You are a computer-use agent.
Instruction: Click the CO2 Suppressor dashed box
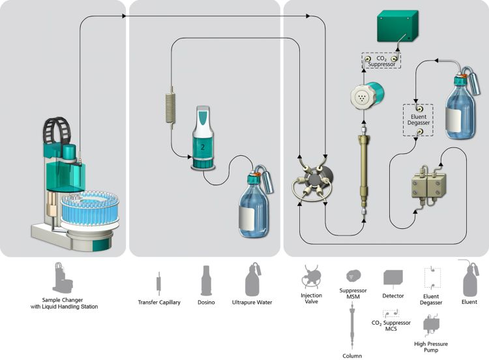pyautogui.click(x=381, y=61)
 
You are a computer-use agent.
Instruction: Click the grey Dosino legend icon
pyautogui.click(x=206, y=280)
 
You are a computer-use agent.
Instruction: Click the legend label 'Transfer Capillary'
pyautogui.click(x=160, y=303)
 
